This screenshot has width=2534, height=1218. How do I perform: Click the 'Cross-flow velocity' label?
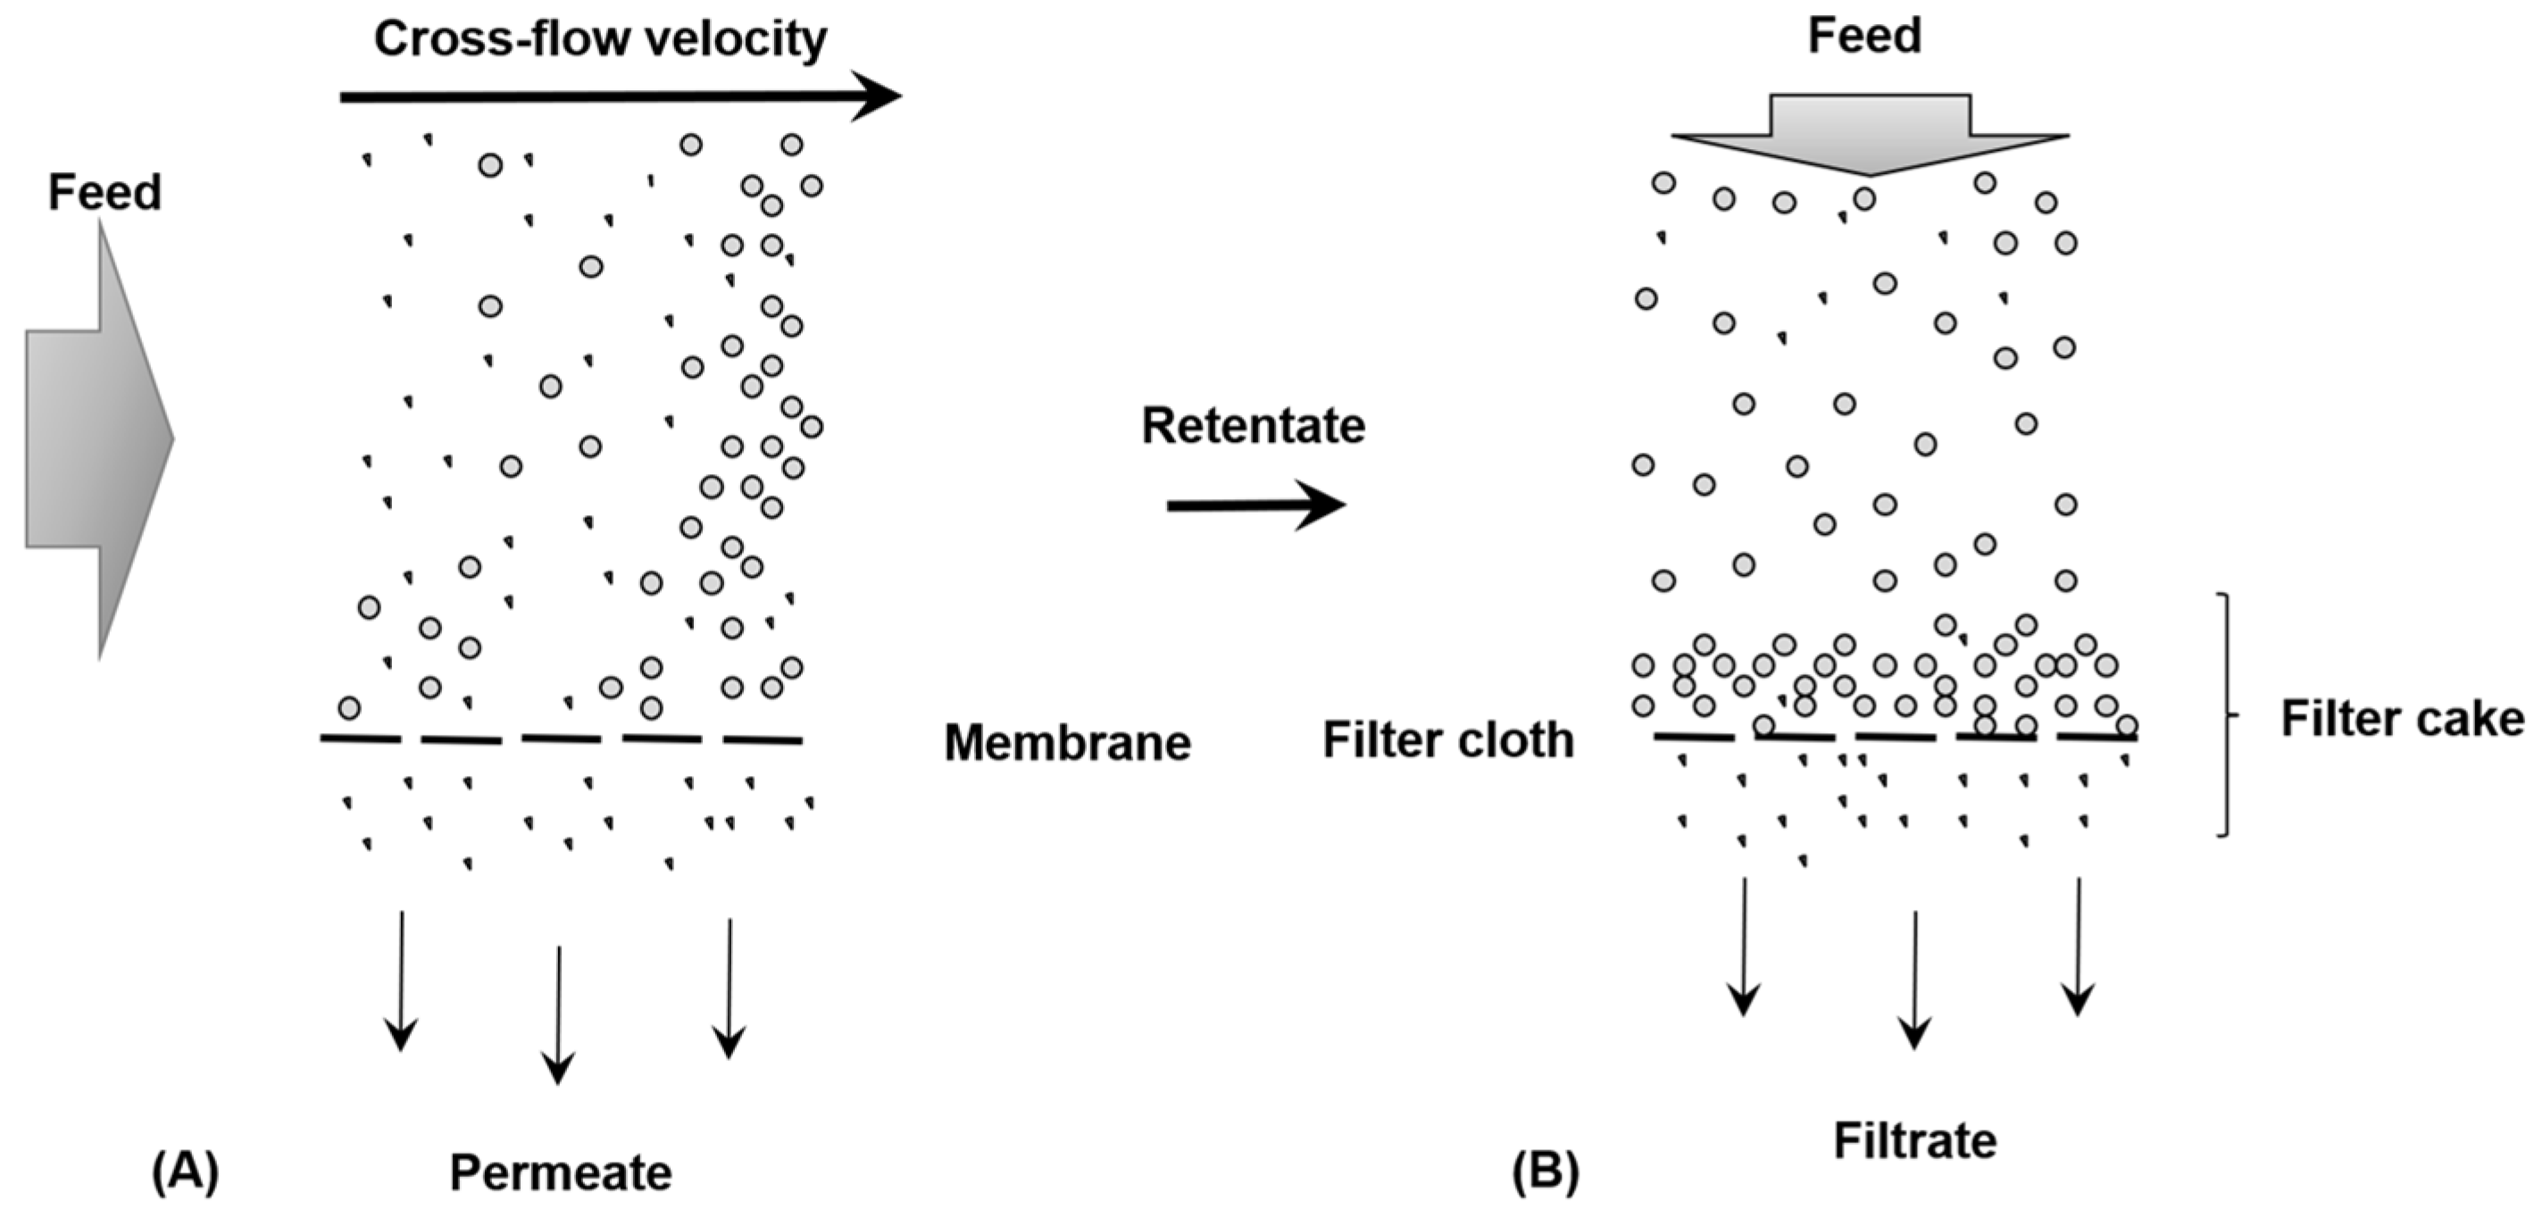599,40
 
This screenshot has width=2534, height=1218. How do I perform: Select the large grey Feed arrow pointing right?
98,438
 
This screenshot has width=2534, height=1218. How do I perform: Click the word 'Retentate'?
1252,427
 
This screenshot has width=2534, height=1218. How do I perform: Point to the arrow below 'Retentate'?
1255,505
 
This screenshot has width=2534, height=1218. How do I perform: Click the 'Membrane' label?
1067,743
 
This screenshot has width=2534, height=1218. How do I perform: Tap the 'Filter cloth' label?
1447,740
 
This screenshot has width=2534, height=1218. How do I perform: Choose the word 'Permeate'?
560,1172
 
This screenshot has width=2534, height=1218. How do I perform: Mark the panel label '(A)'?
185,1172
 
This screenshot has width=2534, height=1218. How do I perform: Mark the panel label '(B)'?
1546,1172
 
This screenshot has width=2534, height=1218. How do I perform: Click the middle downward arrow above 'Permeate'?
559,1014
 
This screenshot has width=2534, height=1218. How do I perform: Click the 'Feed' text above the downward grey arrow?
1864,37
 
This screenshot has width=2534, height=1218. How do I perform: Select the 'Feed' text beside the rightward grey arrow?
104,193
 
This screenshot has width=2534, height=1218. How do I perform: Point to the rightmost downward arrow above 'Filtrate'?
2078,946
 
